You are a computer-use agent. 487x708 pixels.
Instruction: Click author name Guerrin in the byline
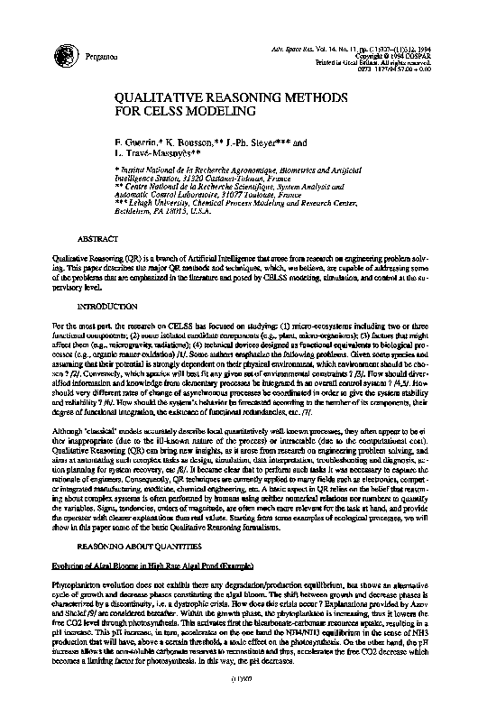click(143, 143)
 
